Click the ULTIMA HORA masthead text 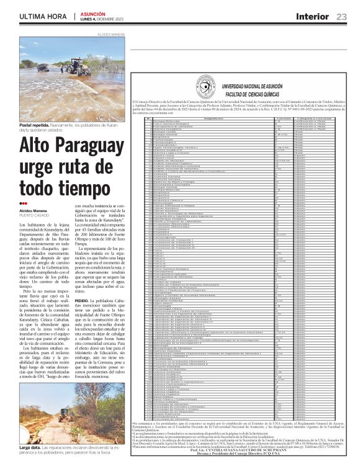point(43,16)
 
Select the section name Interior point(313,16)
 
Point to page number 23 point(341,16)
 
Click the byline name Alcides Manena point(33,210)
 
